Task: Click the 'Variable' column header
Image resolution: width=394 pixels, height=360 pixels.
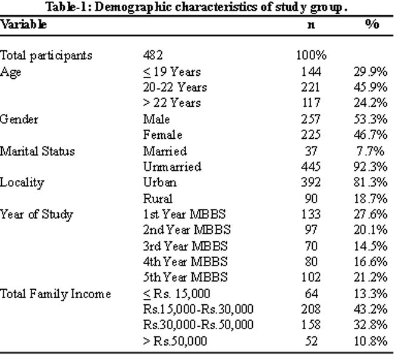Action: tap(24, 25)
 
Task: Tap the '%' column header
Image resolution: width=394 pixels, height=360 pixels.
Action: tap(372, 24)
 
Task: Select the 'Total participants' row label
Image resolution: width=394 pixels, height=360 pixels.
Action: tap(46, 56)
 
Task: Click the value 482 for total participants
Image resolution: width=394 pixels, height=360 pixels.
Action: tap(153, 55)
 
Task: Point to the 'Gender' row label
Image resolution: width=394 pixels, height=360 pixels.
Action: tap(19, 119)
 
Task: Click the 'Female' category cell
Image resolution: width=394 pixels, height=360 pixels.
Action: tap(163, 135)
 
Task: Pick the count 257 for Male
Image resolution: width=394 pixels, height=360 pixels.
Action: tap(311, 119)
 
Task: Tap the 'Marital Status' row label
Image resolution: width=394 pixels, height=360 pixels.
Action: tap(38, 152)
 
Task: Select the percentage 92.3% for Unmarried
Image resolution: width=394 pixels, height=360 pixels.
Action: tap(370, 167)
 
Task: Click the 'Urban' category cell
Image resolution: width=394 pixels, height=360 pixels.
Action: tap(160, 182)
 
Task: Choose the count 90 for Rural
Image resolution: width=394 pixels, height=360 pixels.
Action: tap(311, 198)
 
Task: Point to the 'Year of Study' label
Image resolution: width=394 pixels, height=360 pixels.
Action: tap(37, 215)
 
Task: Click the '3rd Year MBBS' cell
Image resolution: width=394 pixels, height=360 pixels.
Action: tap(185, 246)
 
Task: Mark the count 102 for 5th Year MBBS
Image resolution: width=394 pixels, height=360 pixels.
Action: tap(311, 278)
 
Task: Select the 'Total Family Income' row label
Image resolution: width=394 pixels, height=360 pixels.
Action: tap(56, 294)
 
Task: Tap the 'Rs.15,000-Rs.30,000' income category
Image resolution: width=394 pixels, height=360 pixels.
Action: tap(198, 309)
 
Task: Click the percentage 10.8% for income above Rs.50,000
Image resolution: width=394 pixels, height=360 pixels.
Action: tap(370, 341)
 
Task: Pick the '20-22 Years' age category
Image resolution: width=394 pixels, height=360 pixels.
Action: tap(175, 87)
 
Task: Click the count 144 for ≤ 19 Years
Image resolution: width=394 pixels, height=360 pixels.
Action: tap(311, 72)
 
